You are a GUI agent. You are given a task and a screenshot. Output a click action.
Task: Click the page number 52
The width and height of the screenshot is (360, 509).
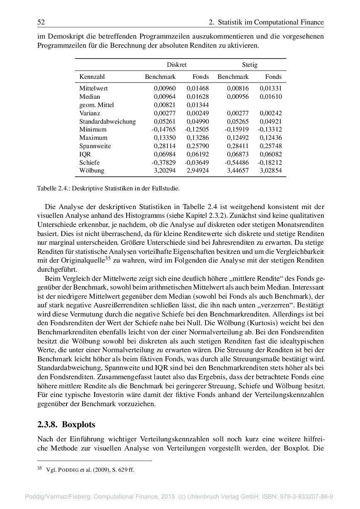point(41,22)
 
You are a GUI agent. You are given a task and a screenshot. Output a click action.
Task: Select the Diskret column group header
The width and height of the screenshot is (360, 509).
point(176,65)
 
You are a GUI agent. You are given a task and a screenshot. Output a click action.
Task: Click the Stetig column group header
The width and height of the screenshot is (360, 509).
point(250,65)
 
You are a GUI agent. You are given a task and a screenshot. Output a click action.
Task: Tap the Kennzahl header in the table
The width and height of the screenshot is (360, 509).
point(92,77)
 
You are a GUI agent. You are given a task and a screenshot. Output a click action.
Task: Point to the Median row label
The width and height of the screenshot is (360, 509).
point(90,97)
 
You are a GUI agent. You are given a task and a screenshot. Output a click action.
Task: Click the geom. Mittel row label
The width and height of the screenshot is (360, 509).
point(96,105)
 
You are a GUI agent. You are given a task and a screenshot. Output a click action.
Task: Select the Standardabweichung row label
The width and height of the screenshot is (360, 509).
point(108,122)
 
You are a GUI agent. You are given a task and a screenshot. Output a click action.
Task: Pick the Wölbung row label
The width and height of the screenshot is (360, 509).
point(92,170)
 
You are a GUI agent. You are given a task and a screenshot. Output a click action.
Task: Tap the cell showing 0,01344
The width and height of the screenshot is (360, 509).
point(198,105)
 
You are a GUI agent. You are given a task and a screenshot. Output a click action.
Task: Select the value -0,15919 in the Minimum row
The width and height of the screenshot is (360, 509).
point(237,129)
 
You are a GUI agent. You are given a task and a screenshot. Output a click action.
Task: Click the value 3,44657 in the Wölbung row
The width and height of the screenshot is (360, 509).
point(238,170)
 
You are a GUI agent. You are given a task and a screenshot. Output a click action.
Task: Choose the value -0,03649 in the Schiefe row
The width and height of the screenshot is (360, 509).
point(196,162)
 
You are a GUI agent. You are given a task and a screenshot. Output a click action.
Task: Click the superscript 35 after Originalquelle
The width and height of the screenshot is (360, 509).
point(108,258)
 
